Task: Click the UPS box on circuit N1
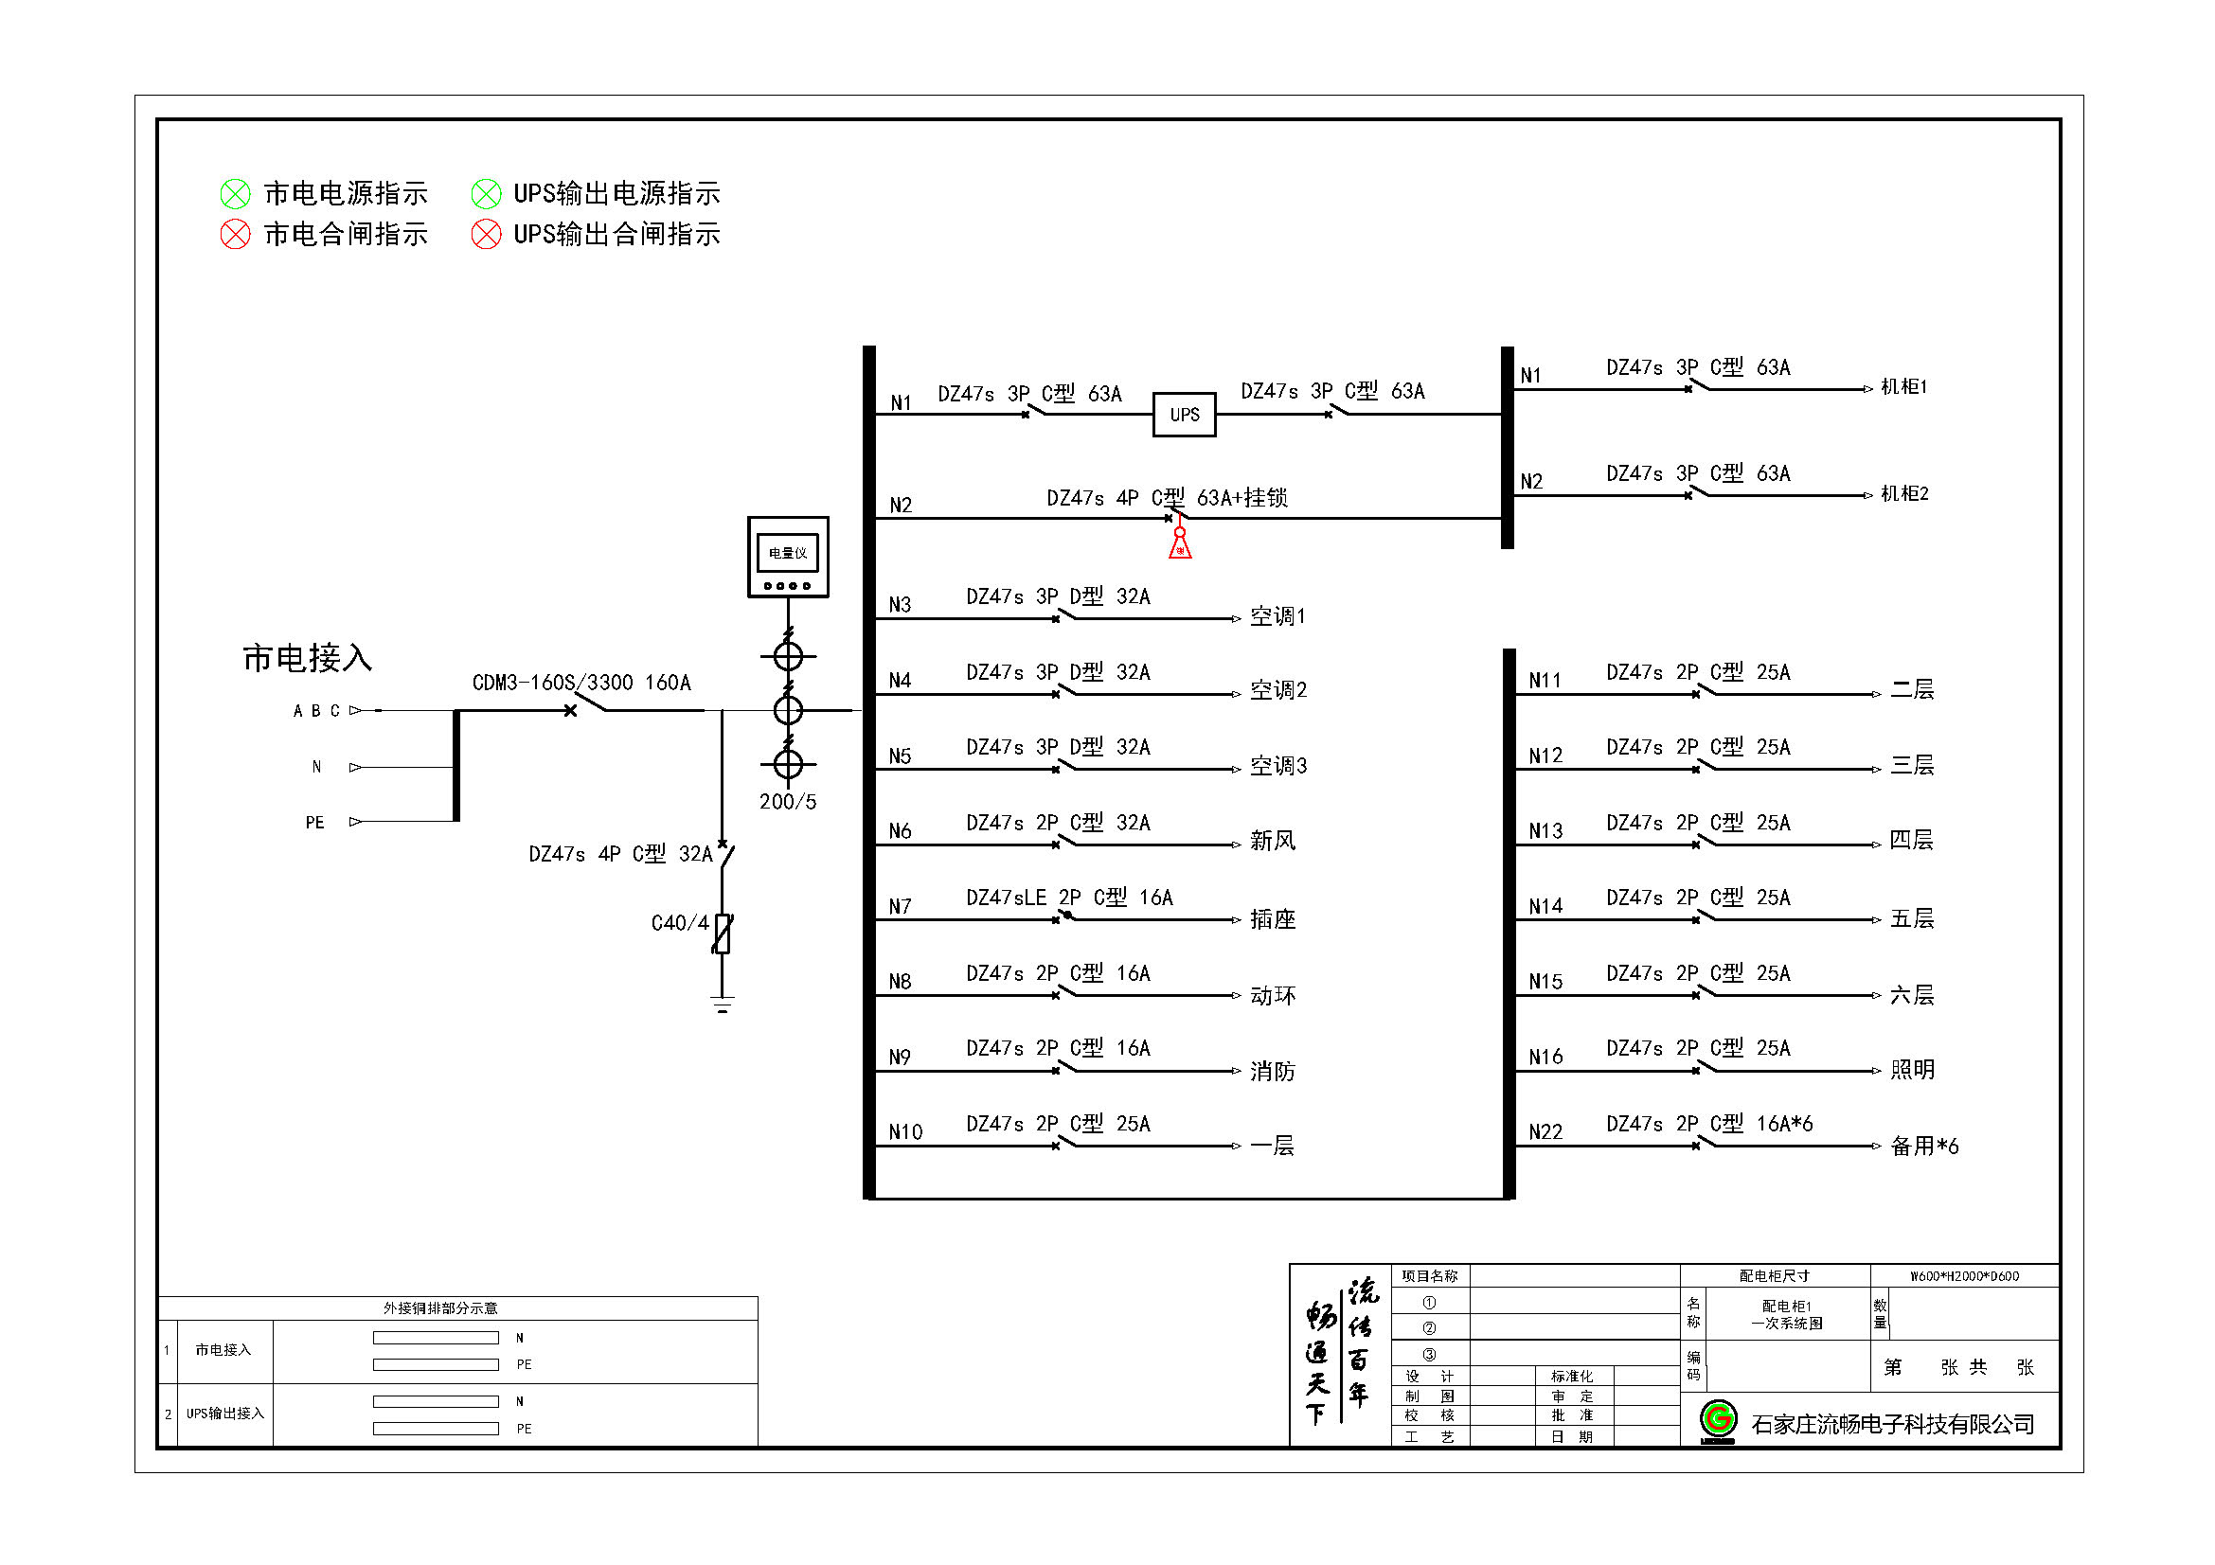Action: coord(1184,415)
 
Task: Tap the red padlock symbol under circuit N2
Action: coord(1179,545)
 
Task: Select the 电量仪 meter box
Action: coord(787,557)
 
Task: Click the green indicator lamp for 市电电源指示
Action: coord(236,194)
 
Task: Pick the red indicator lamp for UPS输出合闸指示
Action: coord(486,234)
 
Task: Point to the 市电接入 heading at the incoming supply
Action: coord(307,658)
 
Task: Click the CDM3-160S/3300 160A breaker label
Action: coord(581,683)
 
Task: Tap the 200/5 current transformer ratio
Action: coord(787,801)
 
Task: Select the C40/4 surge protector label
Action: coord(679,923)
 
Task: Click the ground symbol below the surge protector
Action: coord(723,1005)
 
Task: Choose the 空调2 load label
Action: coord(1278,690)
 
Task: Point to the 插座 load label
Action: coord(1273,919)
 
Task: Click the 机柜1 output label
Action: coord(1903,387)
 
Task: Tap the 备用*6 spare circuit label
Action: coord(1923,1146)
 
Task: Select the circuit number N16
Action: coord(1545,1057)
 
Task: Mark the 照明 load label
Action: coord(1912,1069)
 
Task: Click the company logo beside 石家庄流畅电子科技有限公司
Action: coord(1717,1420)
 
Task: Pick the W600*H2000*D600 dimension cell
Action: coord(1964,1275)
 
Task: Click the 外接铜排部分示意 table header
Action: coord(440,1307)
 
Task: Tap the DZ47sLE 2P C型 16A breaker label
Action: coord(1069,898)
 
